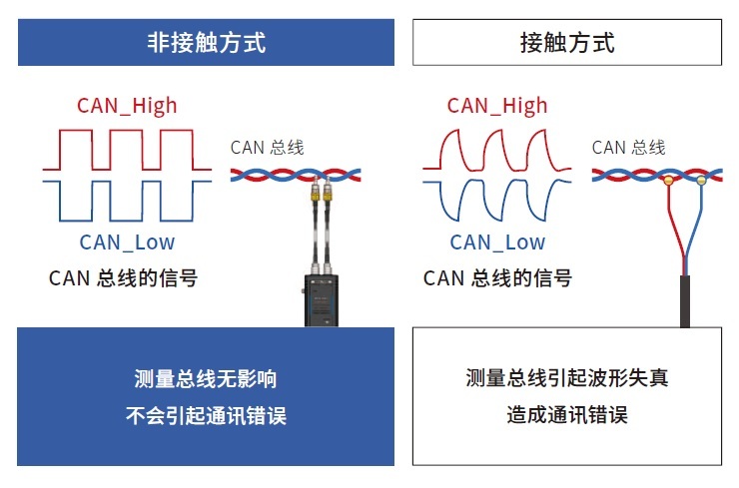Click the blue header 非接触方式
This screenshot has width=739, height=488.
pyautogui.click(x=206, y=43)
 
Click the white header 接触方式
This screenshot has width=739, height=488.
pyautogui.click(x=566, y=43)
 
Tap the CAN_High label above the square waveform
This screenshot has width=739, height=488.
pyautogui.click(x=127, y=106)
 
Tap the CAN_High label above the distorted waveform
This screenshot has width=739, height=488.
pyautogui.click(x=497, y=106)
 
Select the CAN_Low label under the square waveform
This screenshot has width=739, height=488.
pyautogui.click(x=127, y=242)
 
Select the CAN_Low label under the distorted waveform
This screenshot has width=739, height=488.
pyautogui.click(x=497, y=242)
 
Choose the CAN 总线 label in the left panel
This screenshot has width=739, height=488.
pyautogui.click(x=267, y=148)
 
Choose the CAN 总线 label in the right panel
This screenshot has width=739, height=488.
pyautogui.click(x=628, y=148)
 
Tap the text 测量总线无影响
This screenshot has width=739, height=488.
pyautogui.click(x=206, y=379)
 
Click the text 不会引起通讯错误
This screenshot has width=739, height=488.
pyautogui.click(x=206, y=416)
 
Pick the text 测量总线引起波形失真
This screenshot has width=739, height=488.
pyautogui.click(x=566, y=378)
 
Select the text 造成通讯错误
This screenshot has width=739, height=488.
pyautogui.click(x=566, y=415)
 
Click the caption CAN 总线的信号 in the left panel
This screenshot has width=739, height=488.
pyautogui.click(x=123, y=278)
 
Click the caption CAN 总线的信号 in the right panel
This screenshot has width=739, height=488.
pyautogui.click(x=497, y=278)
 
